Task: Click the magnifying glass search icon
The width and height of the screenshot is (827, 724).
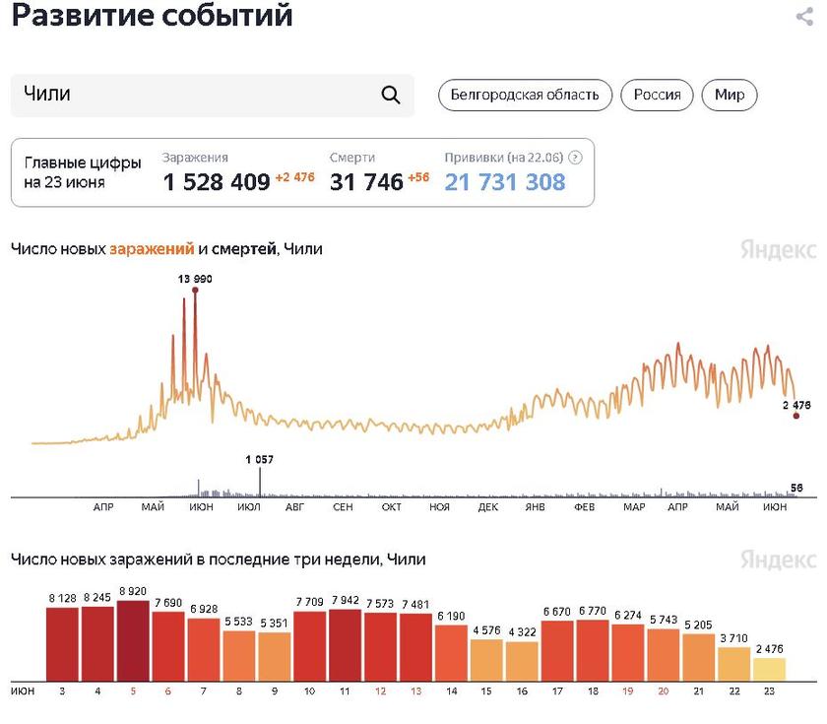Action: pos(390,95)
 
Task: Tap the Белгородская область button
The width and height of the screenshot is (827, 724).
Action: pos(525,95)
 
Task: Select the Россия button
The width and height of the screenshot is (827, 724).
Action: pos(657,95)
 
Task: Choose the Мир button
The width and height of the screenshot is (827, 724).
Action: pos(730,95)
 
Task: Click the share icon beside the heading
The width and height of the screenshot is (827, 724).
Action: pos(803,17)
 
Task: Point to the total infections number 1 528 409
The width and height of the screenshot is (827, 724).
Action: pos(217,181)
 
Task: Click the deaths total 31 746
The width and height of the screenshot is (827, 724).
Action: pos(366,181)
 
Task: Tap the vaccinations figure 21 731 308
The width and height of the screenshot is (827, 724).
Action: pos(505,181)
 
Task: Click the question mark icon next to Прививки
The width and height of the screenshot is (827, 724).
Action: pos(576,157)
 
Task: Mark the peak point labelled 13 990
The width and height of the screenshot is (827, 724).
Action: pos(195,290)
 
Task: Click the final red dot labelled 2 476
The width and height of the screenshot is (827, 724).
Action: pos(796,416)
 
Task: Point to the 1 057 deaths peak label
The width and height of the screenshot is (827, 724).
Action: pos(260,459)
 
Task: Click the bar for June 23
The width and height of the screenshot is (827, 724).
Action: pos(770,670)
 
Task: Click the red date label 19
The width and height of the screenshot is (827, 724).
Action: pos(628,691)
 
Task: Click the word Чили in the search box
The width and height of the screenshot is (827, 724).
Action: pos(47,95)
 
